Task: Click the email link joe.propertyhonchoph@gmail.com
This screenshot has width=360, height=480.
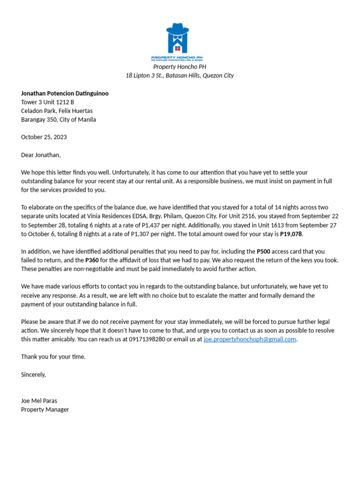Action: coord(249,339)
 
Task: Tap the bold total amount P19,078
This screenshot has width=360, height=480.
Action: coord(291,234)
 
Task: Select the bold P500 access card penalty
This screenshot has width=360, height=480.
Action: coord(263,251)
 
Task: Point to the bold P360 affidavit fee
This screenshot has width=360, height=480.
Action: coord(92,260)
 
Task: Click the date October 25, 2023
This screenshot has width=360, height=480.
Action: coord(44,137)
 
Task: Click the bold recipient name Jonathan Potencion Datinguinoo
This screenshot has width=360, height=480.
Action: coord(65,93)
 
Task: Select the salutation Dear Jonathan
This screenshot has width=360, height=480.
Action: coord(41,155)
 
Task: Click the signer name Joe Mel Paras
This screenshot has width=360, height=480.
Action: coord(39,401)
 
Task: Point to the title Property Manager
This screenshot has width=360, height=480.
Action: coord(45,409)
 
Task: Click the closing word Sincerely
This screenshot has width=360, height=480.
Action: coord(33,375)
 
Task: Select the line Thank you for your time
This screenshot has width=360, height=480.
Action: coord(53,357)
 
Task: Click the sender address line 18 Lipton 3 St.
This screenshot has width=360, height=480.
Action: coord(180,75)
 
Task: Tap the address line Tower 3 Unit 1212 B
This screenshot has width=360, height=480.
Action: coord(47,102)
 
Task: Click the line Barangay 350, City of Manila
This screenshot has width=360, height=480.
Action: coord(59,120)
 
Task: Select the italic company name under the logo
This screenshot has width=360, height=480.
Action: coord(180,67)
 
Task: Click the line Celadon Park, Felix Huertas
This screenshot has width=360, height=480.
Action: coord(57,111)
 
